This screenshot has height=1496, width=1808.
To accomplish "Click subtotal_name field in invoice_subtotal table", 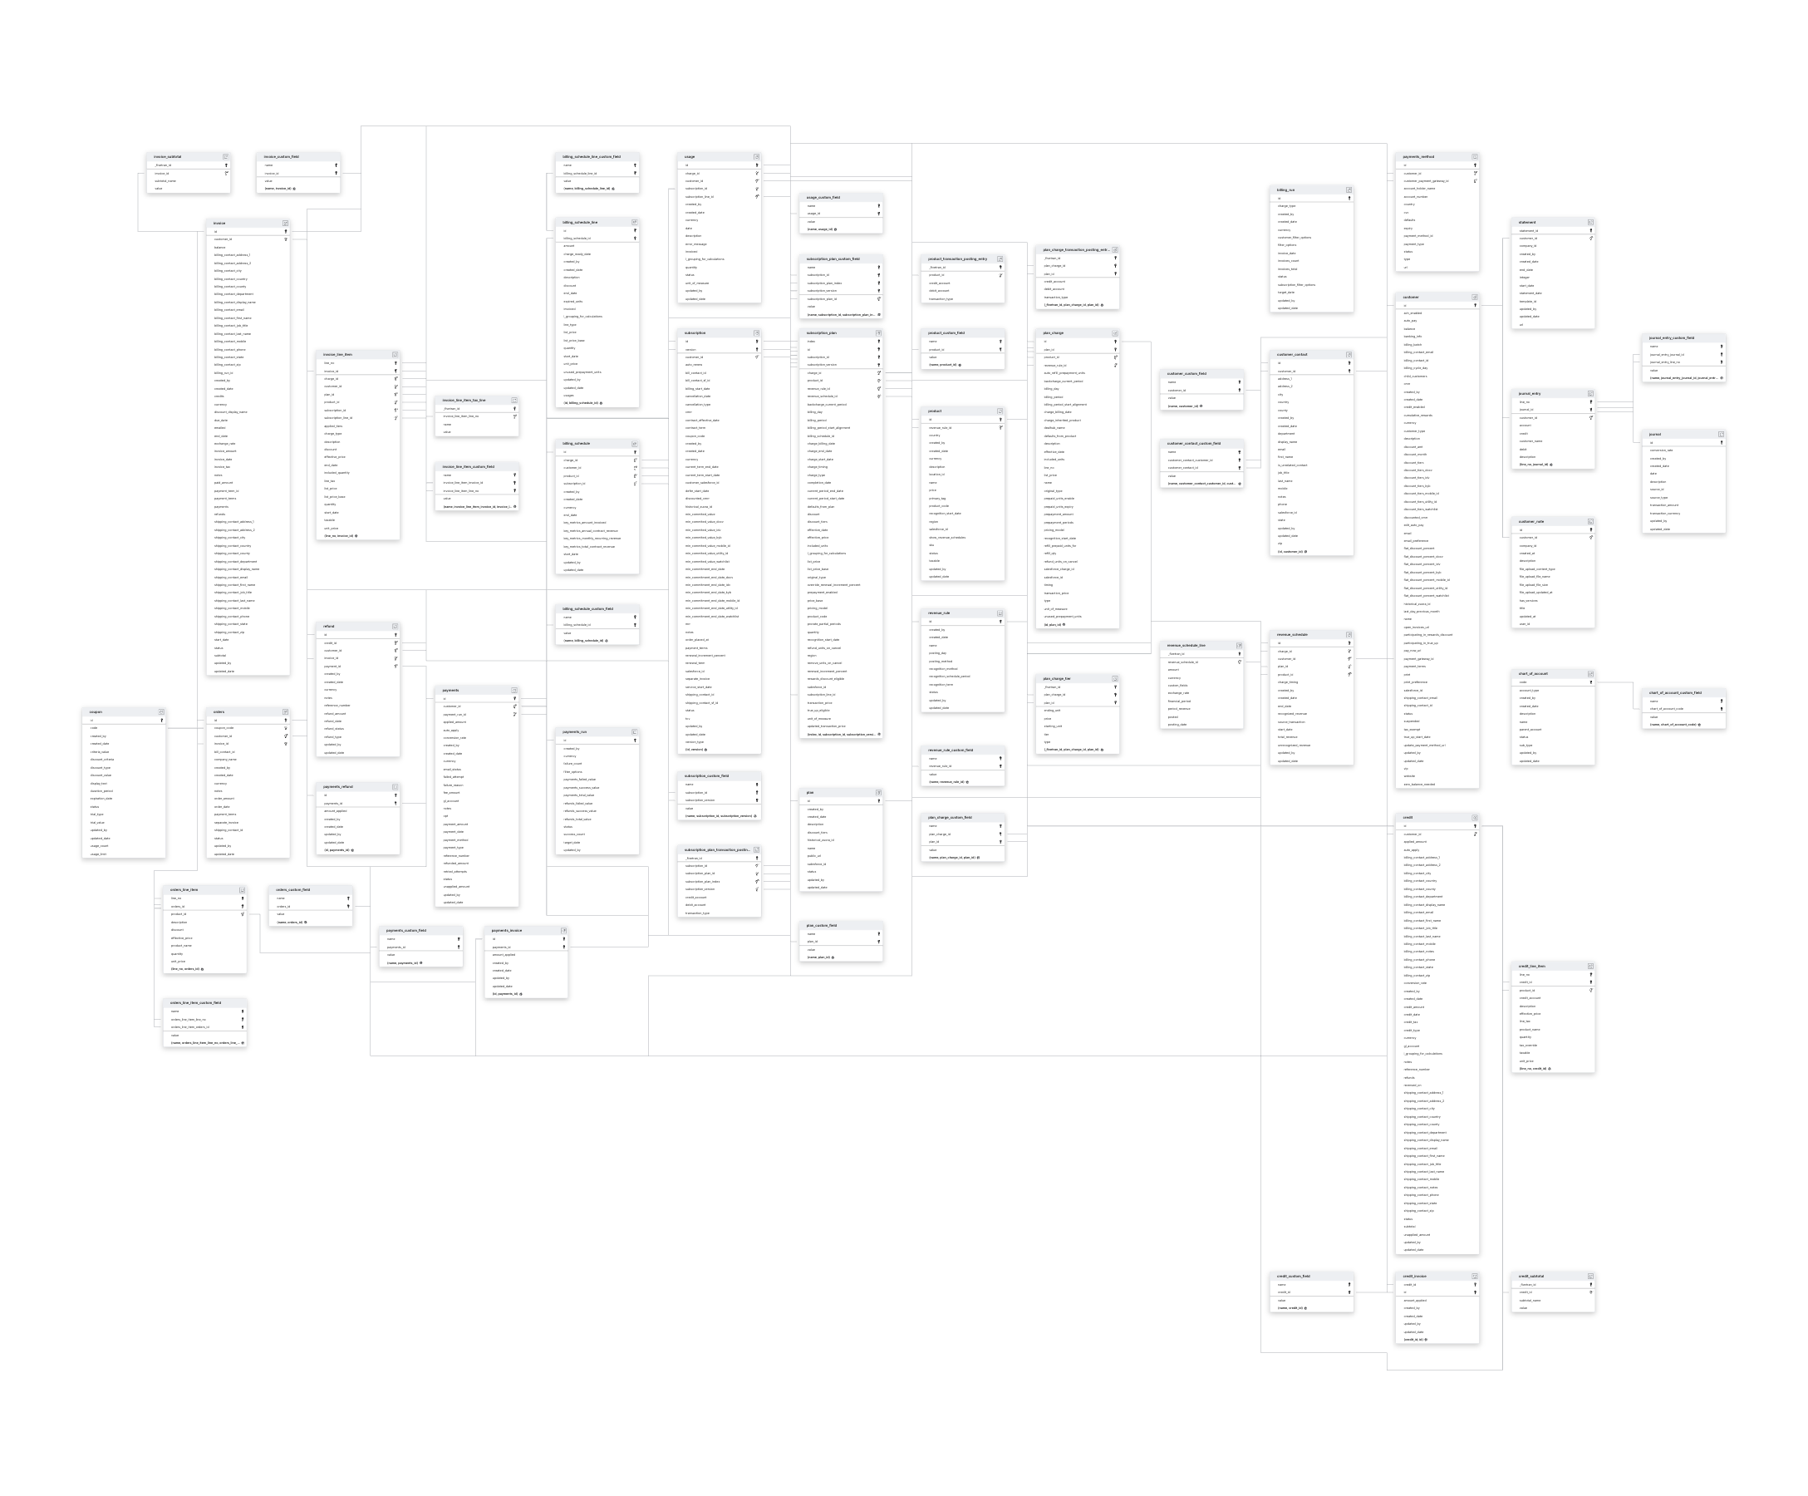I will point(166,181).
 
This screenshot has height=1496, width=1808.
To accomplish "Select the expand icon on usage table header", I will point(757,157).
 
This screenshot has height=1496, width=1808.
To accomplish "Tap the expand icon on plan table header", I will point(878,792).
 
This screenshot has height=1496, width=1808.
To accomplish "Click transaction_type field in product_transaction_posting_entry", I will point(941,299).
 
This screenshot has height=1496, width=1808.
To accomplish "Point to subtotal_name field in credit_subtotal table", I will point(1530,1301).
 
